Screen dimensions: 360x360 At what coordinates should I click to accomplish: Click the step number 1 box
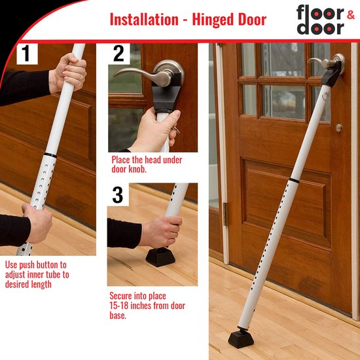click(x=27, y=54)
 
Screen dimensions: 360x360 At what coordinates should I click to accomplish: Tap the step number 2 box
click(x=119, y=54)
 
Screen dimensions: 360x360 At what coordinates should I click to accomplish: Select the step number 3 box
click(x=118, y=194)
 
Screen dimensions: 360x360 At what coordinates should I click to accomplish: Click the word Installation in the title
click(x=144, y=20)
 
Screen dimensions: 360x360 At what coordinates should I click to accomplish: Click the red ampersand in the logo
click(x=351, y=15)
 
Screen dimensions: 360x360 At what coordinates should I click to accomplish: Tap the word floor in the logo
click(x=320, y=12)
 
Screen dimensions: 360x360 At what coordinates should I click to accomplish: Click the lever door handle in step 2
click(x=149, y=73)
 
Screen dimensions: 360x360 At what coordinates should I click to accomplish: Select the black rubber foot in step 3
click(x=160, y=257)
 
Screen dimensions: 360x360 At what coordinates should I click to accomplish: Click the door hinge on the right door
click(x=226, y=214)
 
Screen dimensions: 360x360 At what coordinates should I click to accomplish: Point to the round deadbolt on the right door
click(x=339, y=128)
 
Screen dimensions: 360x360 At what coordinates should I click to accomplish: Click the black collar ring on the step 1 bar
click(x=50, y=154)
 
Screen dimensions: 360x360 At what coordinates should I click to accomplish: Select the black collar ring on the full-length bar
click(x=294, y=181)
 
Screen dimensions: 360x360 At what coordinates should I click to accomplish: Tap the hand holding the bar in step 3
click(x=161, y=232)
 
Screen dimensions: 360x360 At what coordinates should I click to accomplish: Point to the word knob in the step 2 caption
click(x=137, y=170)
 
